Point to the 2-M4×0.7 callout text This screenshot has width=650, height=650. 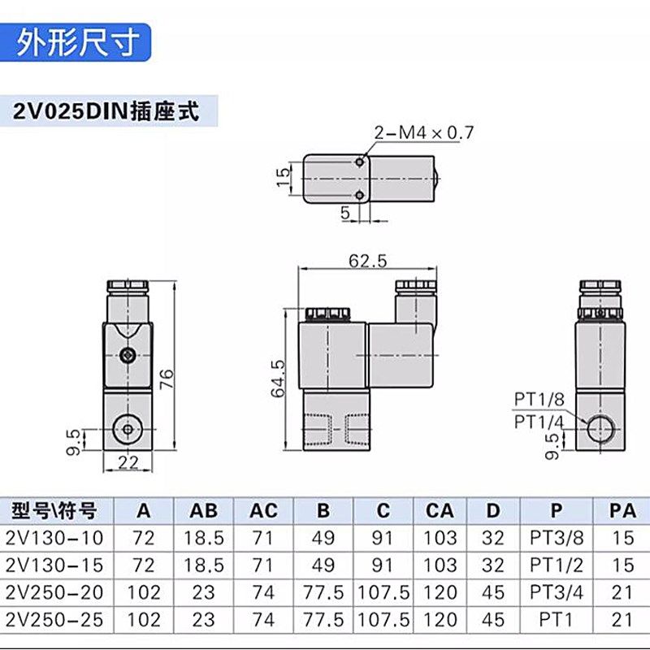click(x=422, y=132)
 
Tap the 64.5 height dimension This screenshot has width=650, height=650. click(x=278, y=379)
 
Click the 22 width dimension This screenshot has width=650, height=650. click(x=126, y=462)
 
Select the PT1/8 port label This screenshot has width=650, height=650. click(x=538, y=398)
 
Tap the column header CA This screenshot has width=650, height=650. click(x=440, y=511)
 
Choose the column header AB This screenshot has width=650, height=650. click(x=203, y=511)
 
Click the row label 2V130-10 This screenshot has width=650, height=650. click(x=55, y=538)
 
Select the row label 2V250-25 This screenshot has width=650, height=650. click(x=55, y=618)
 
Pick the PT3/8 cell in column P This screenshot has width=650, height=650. click(x=555, y=538)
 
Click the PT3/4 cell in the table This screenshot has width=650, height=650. click(x=555, y=591)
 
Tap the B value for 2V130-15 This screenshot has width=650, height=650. click(x=323, y=565)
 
